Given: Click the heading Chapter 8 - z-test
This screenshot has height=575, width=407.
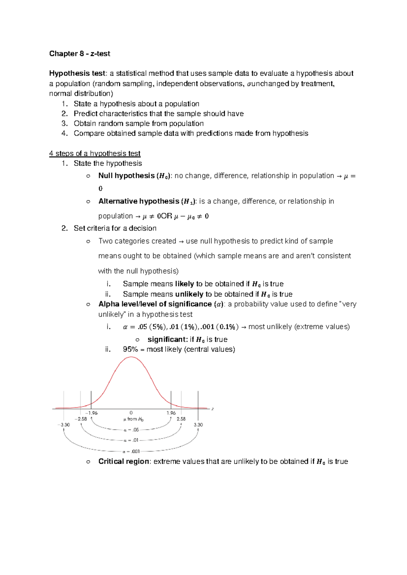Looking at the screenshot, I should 80,54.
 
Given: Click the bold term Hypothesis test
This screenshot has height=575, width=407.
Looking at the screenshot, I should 78,73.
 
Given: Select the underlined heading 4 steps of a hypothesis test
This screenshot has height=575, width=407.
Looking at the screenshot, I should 95,153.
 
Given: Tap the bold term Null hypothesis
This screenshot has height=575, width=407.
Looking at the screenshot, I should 126,176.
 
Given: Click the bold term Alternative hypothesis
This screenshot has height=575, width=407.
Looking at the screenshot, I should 138,201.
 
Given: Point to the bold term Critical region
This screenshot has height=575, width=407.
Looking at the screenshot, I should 123,461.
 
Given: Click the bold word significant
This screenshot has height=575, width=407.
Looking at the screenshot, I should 167,339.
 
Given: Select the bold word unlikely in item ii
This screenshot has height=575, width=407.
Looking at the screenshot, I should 189,294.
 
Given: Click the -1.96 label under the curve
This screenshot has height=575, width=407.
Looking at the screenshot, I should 91,413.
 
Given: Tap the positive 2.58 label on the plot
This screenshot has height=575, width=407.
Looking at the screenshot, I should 181,419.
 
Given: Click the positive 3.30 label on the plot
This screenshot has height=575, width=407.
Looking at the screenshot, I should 198,425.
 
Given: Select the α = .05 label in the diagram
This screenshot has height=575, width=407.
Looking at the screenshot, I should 131,430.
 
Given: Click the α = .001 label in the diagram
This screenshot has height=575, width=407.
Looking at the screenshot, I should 131,451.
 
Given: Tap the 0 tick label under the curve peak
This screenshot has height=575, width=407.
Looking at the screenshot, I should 131,413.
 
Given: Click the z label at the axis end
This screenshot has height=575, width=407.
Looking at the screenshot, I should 213,409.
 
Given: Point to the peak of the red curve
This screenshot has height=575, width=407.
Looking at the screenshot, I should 131,357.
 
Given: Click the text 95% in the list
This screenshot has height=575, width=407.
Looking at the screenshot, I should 130,349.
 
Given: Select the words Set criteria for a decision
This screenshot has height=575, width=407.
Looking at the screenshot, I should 115,228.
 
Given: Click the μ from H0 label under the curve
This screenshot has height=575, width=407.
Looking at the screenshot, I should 133,419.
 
